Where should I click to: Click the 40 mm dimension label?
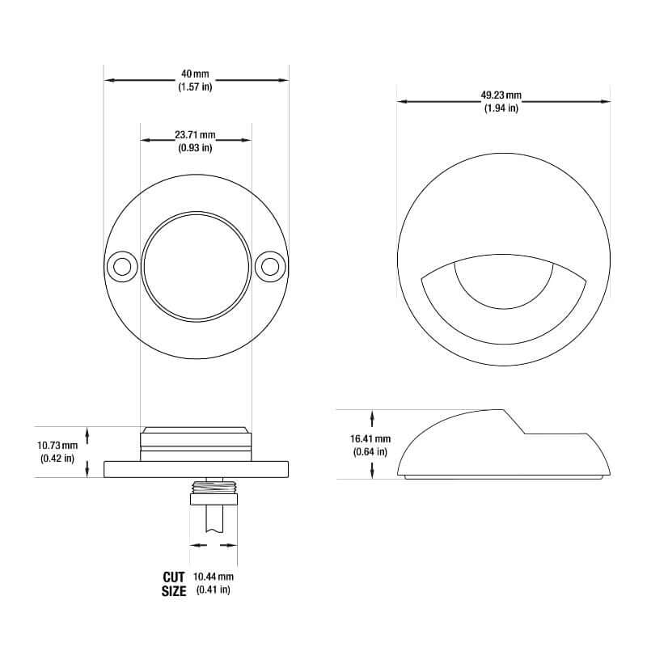(x=195, y=74)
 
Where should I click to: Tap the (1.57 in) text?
(x=195, y=87)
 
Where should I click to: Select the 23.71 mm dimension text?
(x=195, y=134)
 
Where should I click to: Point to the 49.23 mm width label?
(x=501, y=95)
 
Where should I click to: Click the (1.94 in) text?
(x=501, y=108)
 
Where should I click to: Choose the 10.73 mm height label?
(x=57, y=446)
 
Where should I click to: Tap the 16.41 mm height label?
(x=370, y=438)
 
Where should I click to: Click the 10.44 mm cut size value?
(x=214, y=577)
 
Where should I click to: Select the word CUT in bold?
(x=174, y=577)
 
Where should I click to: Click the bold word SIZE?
(x=174, y=591)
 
